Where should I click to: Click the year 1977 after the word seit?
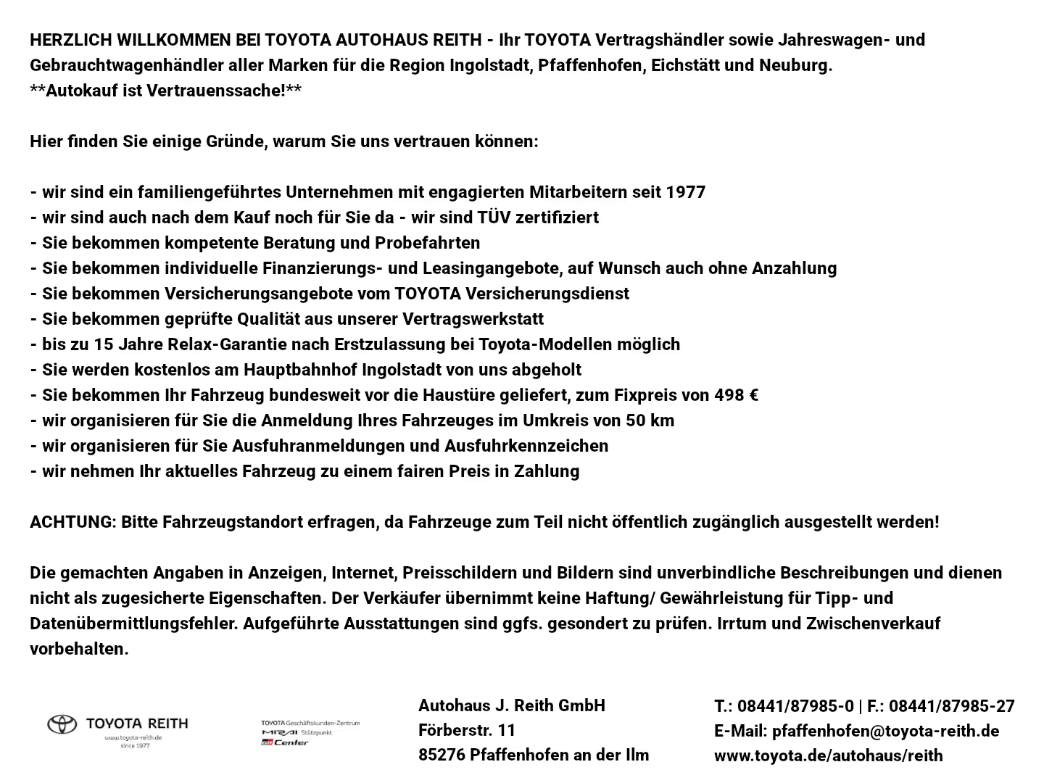[685, 192]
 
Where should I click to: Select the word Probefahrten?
[427, 243]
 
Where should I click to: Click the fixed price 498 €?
[736, 395]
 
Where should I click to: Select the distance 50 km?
[650, 420]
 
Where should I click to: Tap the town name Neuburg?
[795, 65]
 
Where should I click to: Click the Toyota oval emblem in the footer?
[62, 724]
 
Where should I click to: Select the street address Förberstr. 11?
[467, 730]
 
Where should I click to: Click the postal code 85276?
[441, 755]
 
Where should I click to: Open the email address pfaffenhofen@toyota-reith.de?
[885, 731]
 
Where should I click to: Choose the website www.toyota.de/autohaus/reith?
[828, 755]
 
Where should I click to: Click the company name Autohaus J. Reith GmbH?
[511, 705]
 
